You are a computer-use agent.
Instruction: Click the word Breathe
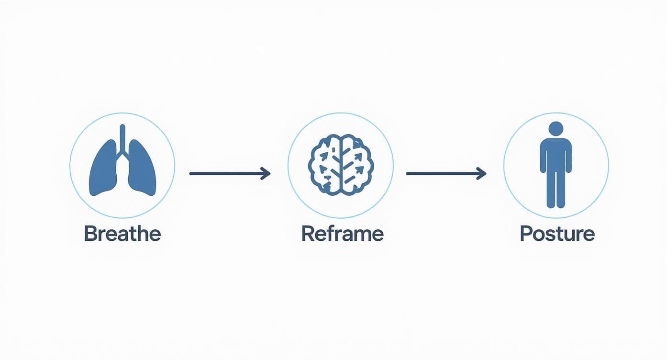[122, 234]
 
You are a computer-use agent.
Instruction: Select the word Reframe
[342, 234]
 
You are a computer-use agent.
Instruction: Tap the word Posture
[557, 234]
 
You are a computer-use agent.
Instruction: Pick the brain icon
[340, 165]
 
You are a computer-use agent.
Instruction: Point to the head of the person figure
[555, 129]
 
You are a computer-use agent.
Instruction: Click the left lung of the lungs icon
[104, 170]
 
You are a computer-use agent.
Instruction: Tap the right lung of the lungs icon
[142, 170]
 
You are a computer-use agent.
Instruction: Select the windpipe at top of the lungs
[123, 136]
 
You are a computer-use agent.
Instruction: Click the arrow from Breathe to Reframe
[230, 173]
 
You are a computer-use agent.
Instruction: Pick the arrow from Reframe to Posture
[446, 173]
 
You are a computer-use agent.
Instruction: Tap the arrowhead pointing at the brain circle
[266, 173]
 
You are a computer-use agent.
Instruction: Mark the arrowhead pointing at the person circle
[482, 173]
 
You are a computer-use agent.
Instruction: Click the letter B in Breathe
[89, 234]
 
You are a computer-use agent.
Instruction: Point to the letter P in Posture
[525, 234]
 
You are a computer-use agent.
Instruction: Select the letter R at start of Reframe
[307, 234]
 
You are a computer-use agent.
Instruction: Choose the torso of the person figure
[555, 153]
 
